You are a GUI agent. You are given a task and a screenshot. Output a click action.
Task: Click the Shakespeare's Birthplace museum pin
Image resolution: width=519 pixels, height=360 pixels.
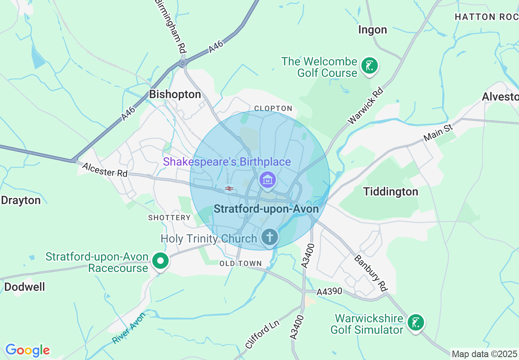(x=267, y=180)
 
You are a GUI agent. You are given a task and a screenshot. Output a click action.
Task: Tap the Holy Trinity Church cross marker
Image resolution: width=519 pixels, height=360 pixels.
(x=270, y=237)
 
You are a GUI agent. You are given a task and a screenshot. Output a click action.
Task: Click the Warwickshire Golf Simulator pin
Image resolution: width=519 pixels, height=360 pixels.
(x=416, y=323)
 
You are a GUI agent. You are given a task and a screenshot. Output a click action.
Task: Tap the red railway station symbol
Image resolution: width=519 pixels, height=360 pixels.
(x=229, y=189)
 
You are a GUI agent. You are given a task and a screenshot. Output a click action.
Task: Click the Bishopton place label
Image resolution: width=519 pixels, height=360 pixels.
(x=175, y=94)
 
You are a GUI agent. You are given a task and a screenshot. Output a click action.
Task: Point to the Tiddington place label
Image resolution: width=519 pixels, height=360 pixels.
(x=391, y=191)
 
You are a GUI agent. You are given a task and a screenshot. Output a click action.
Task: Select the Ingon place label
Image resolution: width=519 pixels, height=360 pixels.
(x=372, y=30)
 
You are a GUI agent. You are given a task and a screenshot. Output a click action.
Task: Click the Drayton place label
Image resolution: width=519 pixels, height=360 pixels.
(x=21, y=200)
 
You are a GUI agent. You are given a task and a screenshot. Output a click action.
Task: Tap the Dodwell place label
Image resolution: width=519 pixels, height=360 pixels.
(x=25, y=287)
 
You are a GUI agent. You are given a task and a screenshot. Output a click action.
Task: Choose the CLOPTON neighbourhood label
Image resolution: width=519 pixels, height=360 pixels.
(x=273, y=108)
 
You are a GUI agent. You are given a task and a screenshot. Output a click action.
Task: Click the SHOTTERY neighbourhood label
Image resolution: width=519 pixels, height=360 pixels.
(x=169, y=218)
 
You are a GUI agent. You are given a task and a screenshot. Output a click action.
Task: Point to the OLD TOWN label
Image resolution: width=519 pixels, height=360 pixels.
(x=240, y=263)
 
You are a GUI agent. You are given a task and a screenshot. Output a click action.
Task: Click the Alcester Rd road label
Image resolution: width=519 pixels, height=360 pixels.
(x=105, y=170)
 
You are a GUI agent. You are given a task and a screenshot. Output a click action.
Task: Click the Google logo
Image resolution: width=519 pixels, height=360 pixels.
(x=27, y=350)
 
